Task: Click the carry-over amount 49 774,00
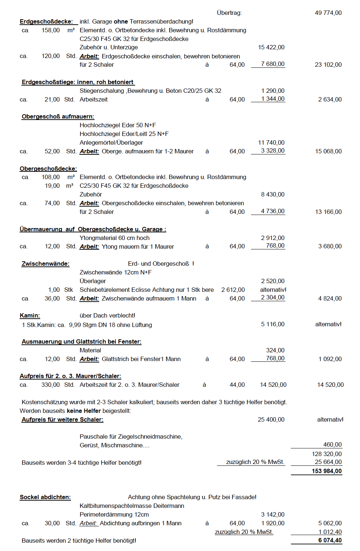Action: coord(328,13)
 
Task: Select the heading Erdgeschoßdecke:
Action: coord(46,22)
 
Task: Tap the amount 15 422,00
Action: coord(271,47)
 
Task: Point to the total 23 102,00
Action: coord(328,65)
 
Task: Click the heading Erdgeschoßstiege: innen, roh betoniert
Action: coord(78,82)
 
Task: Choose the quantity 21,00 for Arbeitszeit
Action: coord(52,100)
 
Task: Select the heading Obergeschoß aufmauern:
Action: coord(58,117)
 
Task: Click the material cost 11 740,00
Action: coord(271,143)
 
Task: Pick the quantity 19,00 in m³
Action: coord(52,186)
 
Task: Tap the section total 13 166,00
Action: coord(328,212)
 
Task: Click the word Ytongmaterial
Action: coord(96,238)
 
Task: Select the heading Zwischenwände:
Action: coord(45,264)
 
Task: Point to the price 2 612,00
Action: coord(233,290)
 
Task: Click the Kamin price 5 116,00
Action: coord(273,324)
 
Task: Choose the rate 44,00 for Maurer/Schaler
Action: coord(237,385)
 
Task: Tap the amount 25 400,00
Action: coord(271,420)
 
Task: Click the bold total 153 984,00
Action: coord(327,471)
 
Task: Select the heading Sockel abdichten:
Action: coord(45,497)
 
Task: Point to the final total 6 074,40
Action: coord(330,540)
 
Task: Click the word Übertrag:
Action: coord(229,13)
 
